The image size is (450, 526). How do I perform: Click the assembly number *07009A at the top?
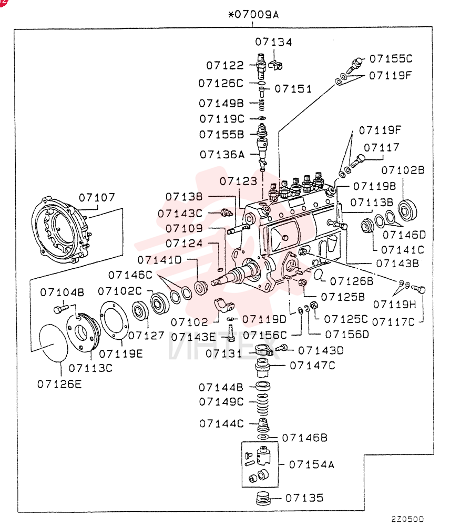253,15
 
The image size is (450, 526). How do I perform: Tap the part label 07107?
97,197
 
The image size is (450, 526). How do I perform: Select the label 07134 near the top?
273,42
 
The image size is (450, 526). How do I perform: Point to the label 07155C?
391,59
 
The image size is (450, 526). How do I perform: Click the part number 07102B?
403,170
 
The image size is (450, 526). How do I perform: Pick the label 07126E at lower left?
59,384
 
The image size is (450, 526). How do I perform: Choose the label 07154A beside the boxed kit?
312,464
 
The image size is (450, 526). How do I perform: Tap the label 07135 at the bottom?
304,498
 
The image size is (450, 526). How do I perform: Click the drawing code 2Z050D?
407,519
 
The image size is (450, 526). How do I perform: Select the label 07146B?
304,438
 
